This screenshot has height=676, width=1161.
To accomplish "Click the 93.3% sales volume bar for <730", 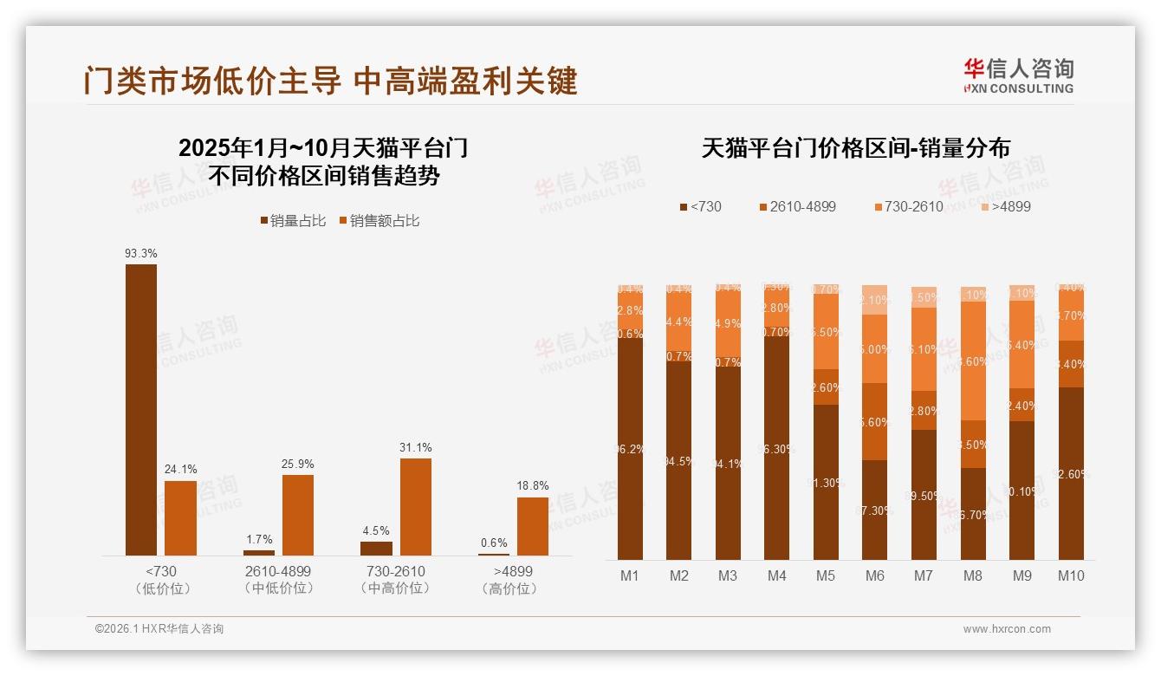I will pyautogui.click(x=141, y=409).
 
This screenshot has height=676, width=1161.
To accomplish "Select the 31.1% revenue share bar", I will pyautogui.click(x=415, y=506).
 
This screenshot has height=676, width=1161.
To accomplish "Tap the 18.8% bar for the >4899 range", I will pyautogui.click(x=532, y=526).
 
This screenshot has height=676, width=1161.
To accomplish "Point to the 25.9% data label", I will pyautogui.click(x=297, y=465).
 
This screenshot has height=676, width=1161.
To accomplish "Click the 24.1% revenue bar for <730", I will pyautogui.click(x=180, y=517).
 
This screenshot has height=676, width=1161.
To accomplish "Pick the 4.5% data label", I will pyautogui.click(x=376, y=531).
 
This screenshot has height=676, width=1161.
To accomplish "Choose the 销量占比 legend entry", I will pyautogui.click(x=294, y=221).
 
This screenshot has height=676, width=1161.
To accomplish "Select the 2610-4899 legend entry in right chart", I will pyautogui.click(x=797, y=207).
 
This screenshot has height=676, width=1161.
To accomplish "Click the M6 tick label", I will pyautogui.click(x=874, y=575).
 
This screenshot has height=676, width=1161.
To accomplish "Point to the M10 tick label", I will pyautogui.click(x=1071, y=575).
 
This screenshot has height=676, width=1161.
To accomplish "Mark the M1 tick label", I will pyautogui.click(x=630, y=575).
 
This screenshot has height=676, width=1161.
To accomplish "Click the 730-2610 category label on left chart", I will pyautogui.click(x=395, y=572).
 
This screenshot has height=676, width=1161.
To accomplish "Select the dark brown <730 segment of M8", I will pyautogui.click(x=973, y=513).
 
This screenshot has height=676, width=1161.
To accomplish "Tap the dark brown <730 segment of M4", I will pyautogui.click(x=777, y=443).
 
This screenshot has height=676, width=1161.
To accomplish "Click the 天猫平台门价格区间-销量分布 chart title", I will pyautogui.click(x=855, y=148).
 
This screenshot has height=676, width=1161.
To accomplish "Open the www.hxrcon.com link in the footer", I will pyautogui.click(x=1007, y=629).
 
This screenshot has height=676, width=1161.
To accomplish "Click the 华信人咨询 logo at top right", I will pyautogui.click(x=1018, y=75).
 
